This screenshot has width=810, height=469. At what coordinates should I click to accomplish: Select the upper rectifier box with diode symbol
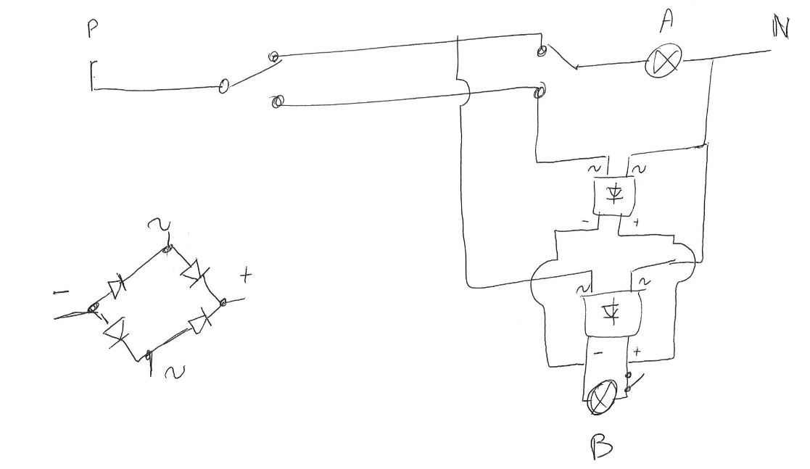point(613,194)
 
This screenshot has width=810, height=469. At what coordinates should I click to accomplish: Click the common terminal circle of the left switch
point(224,87)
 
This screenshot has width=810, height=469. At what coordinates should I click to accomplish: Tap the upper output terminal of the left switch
point(274,56)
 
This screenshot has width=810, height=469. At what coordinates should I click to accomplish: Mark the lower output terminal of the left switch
point(275,102)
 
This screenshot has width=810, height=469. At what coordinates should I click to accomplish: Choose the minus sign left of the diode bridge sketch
point(62,293)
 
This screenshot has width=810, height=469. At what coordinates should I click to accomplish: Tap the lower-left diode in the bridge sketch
point(117,331)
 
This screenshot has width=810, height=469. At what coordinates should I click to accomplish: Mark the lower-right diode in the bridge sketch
point(199,320)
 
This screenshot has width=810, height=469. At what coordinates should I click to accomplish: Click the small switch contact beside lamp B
point(629,383)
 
